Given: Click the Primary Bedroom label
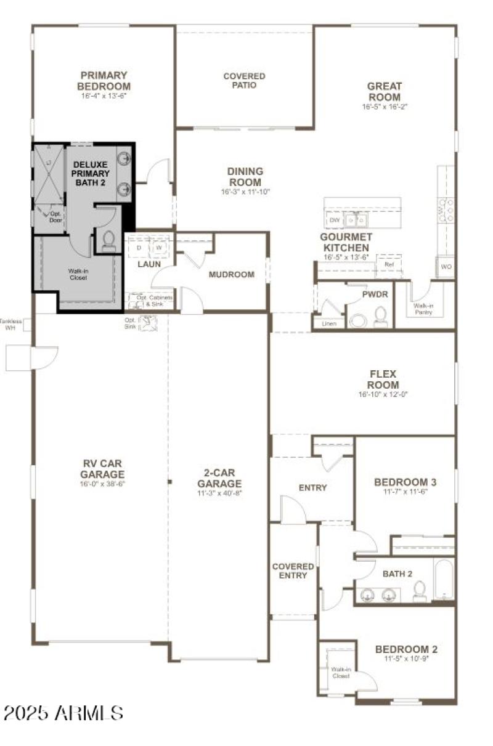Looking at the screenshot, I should (x=104, y=81).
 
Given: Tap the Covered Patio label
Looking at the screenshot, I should (x=244, y=81).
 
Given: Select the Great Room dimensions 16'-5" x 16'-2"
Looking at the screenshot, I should (x=385, y=107).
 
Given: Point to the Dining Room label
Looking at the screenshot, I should (x=245, y=177).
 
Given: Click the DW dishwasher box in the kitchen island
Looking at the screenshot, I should (x=335, y=220).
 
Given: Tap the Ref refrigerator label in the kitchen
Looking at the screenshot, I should (x=388, y=264).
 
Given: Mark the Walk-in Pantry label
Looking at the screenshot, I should (x=423, y=309).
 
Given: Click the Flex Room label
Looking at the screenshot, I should (x=383, y=379).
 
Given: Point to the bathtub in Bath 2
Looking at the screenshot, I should (x=444, y=580).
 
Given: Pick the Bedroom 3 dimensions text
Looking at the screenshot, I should (x=405, y=492).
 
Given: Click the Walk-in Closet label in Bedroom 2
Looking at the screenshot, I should (x=340, y=672).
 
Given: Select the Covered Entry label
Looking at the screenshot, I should (x=293, y=571).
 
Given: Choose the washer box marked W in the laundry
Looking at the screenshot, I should (x=159, y=248).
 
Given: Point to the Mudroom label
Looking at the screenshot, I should (x=231, y=275).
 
